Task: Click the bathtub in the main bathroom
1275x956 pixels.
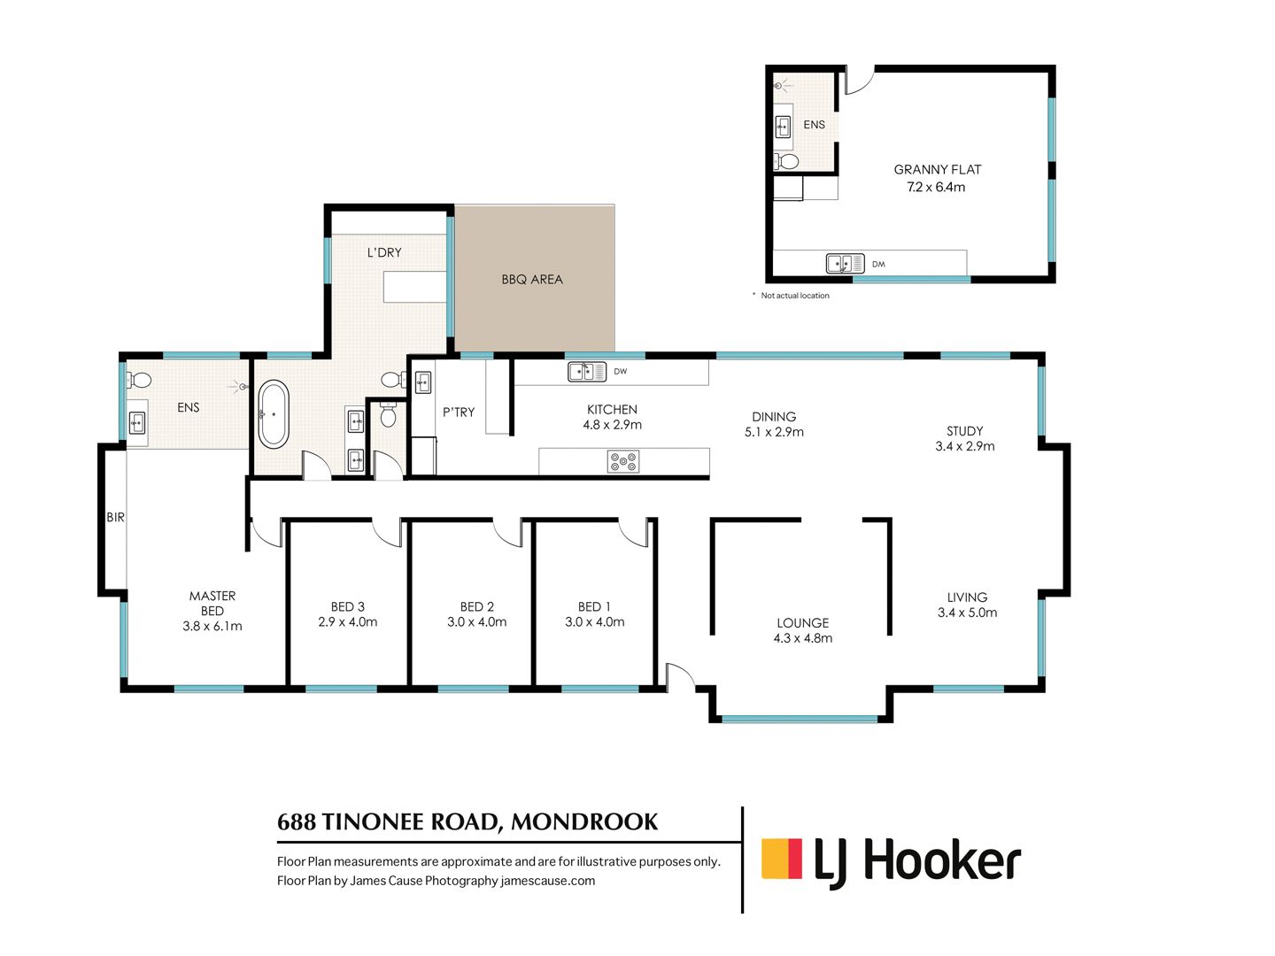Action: click(273, 413)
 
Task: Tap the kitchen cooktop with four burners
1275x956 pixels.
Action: click(622, 461)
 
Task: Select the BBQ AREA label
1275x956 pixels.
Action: click(531, 279)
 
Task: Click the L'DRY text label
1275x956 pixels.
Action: click(384, 252)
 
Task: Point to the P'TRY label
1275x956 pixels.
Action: click(459, 412)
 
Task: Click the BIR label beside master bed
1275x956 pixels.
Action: click(115, 517)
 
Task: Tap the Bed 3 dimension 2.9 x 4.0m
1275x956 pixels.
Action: click(347, 621)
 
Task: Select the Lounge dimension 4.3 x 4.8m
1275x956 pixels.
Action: click(802, 638)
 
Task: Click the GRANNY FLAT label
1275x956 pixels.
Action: click(937, 169)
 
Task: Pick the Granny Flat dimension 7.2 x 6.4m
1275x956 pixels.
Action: click(936, 187)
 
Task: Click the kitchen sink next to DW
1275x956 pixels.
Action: click(587, 372)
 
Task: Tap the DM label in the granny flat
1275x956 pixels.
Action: click(878, 264)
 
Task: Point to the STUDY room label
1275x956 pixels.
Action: click(964, 431)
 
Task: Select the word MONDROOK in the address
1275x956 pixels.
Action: click(583, 821)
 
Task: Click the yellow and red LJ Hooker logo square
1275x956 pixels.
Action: click(781, 858)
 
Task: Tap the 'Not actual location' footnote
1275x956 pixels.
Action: click(794, 296)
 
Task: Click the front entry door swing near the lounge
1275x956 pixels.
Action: click(680, 677)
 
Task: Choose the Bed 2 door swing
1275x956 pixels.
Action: click(507, 533)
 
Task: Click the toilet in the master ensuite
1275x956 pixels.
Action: click(139, 381)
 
